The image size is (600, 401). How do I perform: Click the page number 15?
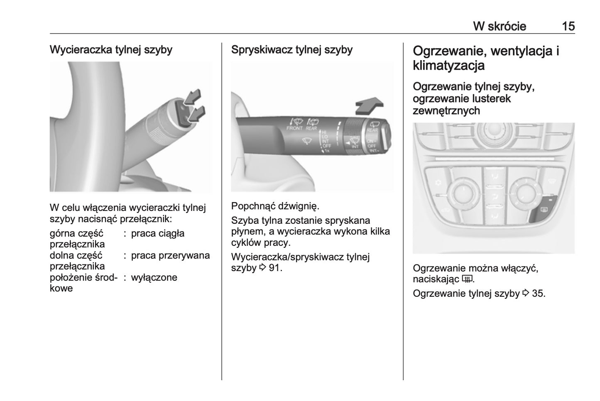568,26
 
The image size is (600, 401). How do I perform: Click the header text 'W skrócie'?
500,26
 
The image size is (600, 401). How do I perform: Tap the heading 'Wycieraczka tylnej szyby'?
111,50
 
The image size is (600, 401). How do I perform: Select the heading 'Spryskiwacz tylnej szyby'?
292,50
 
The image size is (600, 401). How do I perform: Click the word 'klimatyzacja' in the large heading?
448,66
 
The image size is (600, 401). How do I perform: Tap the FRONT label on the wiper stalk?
295,129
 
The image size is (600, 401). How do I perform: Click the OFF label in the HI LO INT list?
326,146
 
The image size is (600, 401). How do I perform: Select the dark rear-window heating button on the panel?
544,210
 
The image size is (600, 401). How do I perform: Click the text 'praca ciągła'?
158,234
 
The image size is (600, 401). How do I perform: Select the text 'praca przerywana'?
170,256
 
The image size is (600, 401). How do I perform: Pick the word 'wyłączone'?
154,277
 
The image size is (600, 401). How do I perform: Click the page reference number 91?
275,268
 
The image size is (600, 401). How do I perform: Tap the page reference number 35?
539,293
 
